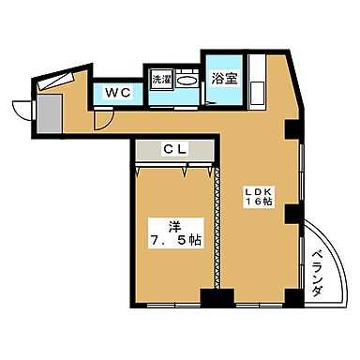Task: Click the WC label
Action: click(117, 93)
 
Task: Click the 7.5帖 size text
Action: click(176, 240)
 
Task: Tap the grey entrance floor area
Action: click(48, 113)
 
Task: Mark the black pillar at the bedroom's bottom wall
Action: click(222, 299)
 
